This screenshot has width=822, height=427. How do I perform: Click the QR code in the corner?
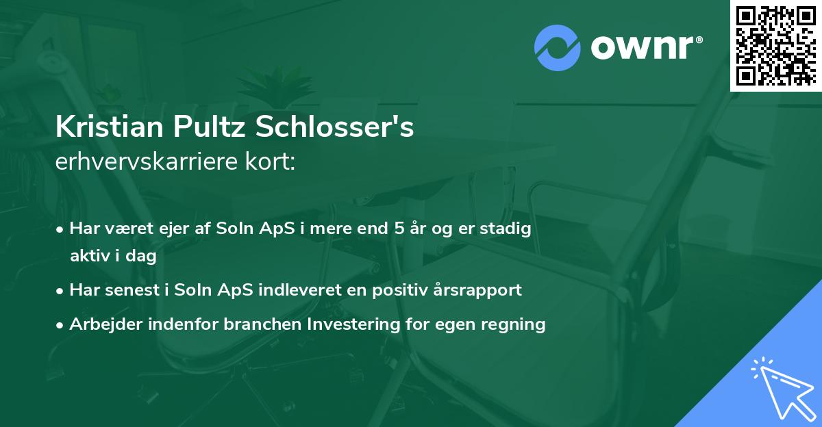click(x=775, y=45)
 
